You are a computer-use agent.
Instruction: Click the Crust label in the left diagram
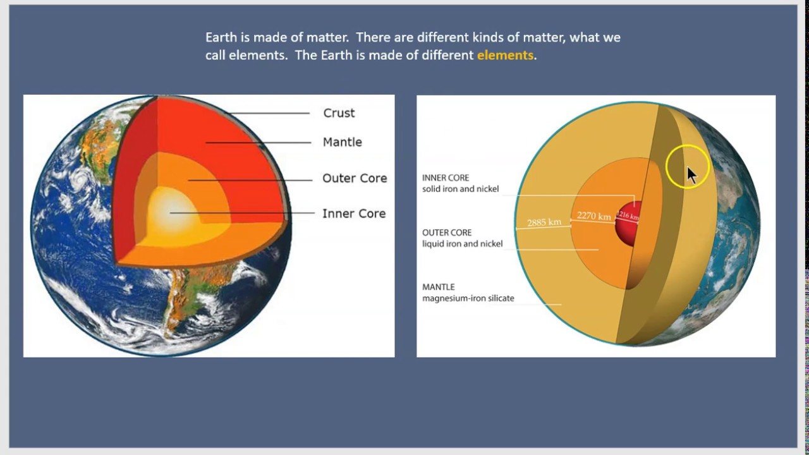tap(339, 113)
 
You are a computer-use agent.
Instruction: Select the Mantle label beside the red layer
tap(342, 142)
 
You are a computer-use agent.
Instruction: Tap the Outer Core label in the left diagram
tap(354, 178)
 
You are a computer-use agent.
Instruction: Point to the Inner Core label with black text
tap(353, 214)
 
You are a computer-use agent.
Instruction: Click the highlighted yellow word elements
tap(505, 55)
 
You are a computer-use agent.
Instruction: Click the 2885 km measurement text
tap(544, 222)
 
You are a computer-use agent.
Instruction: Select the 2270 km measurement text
tap(593, 216)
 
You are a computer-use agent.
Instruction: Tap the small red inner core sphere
tap(628, 223)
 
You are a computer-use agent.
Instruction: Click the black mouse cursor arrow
tap(691, 175)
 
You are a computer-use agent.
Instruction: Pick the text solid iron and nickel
tap(460, 189)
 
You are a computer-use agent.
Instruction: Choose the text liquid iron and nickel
tap(462, 244)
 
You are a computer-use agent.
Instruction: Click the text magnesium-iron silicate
tap(468, 298)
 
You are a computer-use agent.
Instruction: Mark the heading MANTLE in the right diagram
tap(438, 287)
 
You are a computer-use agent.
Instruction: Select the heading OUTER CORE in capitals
tap(447, 233)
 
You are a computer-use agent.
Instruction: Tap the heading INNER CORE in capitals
tap(446, 178)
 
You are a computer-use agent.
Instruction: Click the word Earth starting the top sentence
tap(221, 37)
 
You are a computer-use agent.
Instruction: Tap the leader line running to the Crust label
tap(272, 114)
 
